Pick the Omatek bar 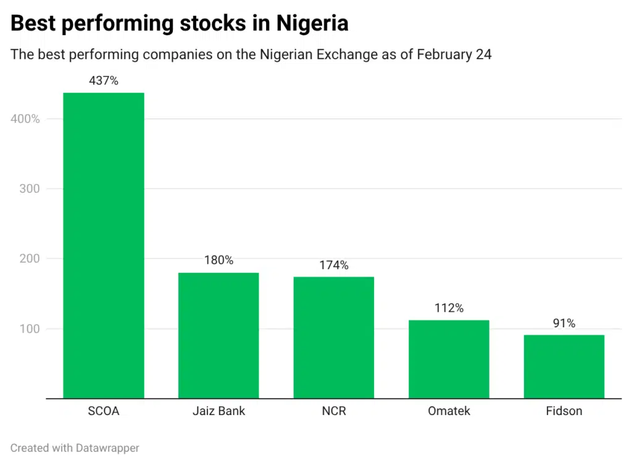click(x=449, y=359)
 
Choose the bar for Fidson click(x=563, y=366)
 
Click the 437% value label click(x=104, y=80)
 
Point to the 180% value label click(x=218, y=260)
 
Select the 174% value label click(x=333, y=265)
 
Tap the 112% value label click(x=449, y=308)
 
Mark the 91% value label click(x=563, y=323)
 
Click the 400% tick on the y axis click(x=25, y=119)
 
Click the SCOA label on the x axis click(x=104, y=411)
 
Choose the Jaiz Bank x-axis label click(x=218, y=411)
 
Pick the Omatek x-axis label click(x=449, y=411)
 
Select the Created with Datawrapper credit click(x=75, y=448)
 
